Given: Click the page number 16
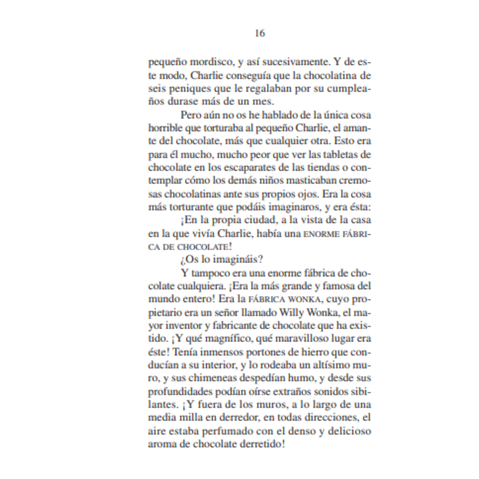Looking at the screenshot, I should click(x=260, y=33).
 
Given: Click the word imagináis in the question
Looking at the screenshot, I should click(x=238, y=259).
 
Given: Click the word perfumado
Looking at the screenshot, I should click(x=228, y=431).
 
